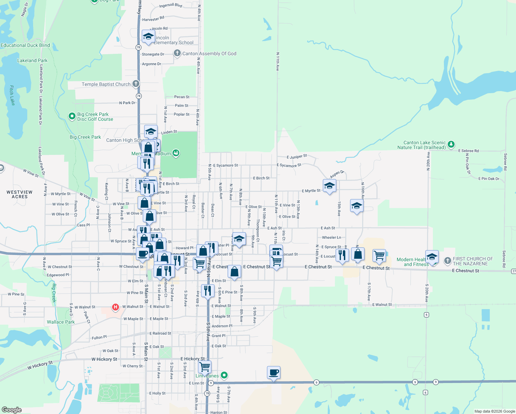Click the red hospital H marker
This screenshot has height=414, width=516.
[x=116, y=307]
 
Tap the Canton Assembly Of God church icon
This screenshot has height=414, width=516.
[x=177, y=53]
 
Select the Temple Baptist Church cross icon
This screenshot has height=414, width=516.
[x=136, y=83]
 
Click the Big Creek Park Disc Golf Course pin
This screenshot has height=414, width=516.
[x=72, y=116]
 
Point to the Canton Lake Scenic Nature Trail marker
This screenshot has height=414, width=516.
[x=451, y=145]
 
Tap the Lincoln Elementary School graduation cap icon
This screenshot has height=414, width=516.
[x=148, y=37]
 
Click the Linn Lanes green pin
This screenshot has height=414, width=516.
[x=224, y=375]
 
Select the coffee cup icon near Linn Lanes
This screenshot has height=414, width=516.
[x=274, y=373]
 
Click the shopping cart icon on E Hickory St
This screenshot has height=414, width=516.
[x=205, y=367]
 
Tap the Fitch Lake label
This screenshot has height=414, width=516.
[x=12, y=95]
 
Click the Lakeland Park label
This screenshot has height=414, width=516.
[x=32, y=60]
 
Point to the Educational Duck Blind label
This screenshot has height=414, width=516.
[x=25, y=45]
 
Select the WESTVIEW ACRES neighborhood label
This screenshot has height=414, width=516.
[x=20, y=194]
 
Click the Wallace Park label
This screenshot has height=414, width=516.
[x=61, y=322]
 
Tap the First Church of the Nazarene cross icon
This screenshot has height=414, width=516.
[x=447, y=261]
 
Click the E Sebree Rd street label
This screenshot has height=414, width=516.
[x=468, y=151]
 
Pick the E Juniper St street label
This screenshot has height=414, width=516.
[x=297, y=157]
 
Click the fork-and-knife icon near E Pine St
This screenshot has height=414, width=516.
[x=207, y=291]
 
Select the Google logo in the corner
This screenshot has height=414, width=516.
[x=12, y=410]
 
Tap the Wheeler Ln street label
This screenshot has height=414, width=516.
[x=331, y=237]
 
